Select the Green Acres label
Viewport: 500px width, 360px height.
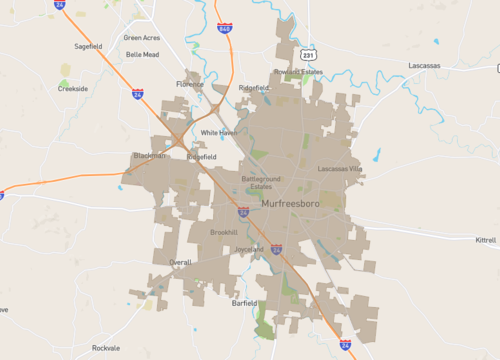pos(141,37)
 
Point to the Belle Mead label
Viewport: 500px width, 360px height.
pos(142,55)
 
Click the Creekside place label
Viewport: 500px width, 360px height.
pos(73,88)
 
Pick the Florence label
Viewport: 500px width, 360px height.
pos(190,84)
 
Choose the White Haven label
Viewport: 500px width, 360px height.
pos(218,132)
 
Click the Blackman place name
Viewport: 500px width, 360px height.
pos(149,156)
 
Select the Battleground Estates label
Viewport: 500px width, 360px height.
pos(261,182)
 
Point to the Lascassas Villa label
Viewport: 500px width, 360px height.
pos(341,169)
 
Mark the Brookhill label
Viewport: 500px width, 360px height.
pos(223,232)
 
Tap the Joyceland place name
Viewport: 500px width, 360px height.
pos(249,249)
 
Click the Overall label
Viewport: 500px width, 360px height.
pos(180,262)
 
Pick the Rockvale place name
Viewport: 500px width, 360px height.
pos(105,348)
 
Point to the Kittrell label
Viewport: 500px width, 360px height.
pos(485,241)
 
